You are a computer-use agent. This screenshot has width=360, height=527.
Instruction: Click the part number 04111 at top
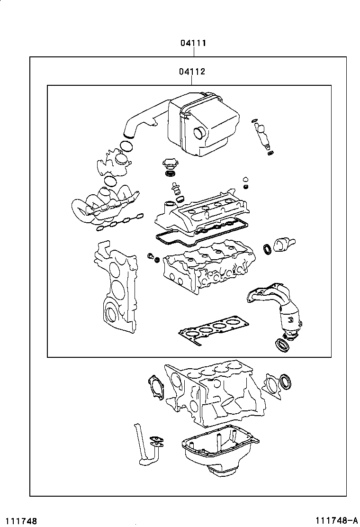(x=192, y=43)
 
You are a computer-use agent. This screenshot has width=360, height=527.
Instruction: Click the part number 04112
(x=192, y=72)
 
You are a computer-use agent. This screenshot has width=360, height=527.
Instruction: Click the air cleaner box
(x=204, y=124)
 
